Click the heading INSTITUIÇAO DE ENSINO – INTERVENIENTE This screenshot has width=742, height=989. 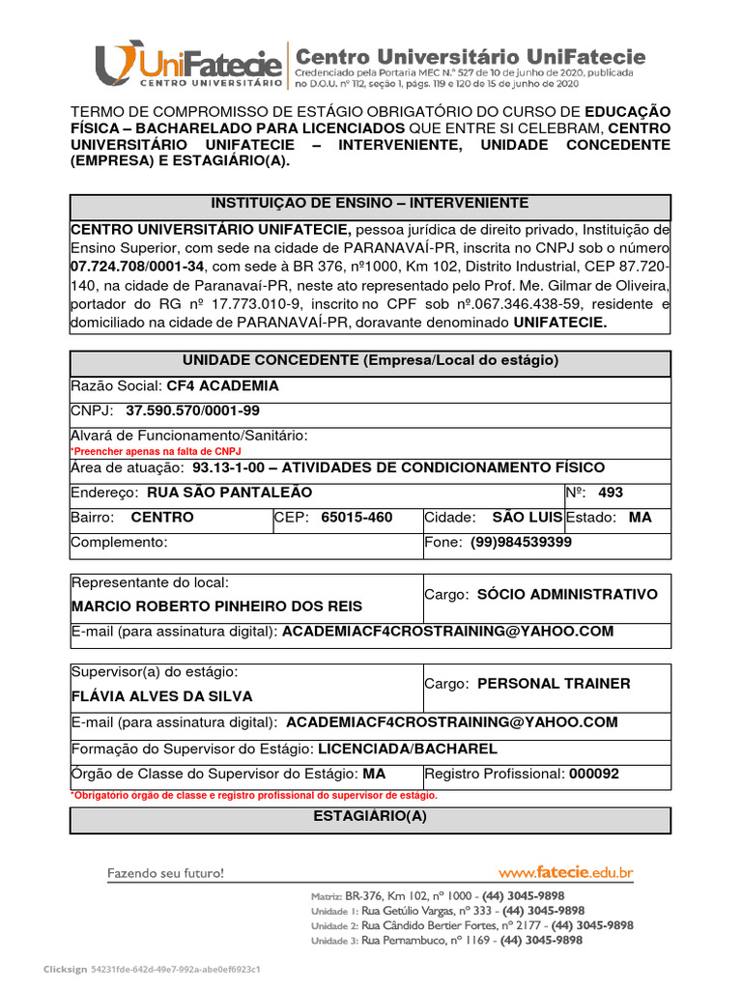point(370,203)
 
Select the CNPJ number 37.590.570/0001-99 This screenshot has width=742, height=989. point(193,410)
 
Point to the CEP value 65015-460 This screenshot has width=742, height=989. point(357,517)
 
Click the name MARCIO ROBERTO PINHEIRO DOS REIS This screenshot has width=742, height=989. point(217,606)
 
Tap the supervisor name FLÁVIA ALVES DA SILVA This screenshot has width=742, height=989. point(162,695)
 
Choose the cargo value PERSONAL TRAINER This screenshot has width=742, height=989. point(554,683)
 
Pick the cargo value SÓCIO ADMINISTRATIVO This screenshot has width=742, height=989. point(567,594)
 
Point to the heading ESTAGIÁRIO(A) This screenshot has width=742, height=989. point(370,816)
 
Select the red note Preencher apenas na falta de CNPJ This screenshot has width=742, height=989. point(156,451)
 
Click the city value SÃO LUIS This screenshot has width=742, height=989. point(527,517)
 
